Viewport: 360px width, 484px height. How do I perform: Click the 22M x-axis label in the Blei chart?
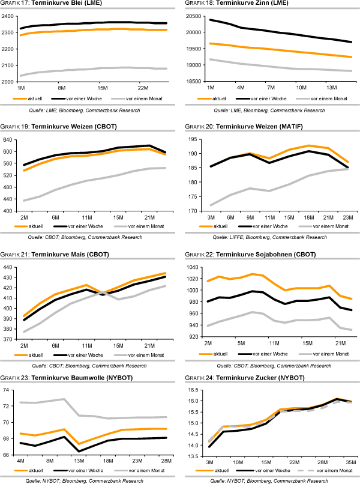[x=143, y=87]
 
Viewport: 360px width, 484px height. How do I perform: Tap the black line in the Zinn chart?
[x=270, y=32]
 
